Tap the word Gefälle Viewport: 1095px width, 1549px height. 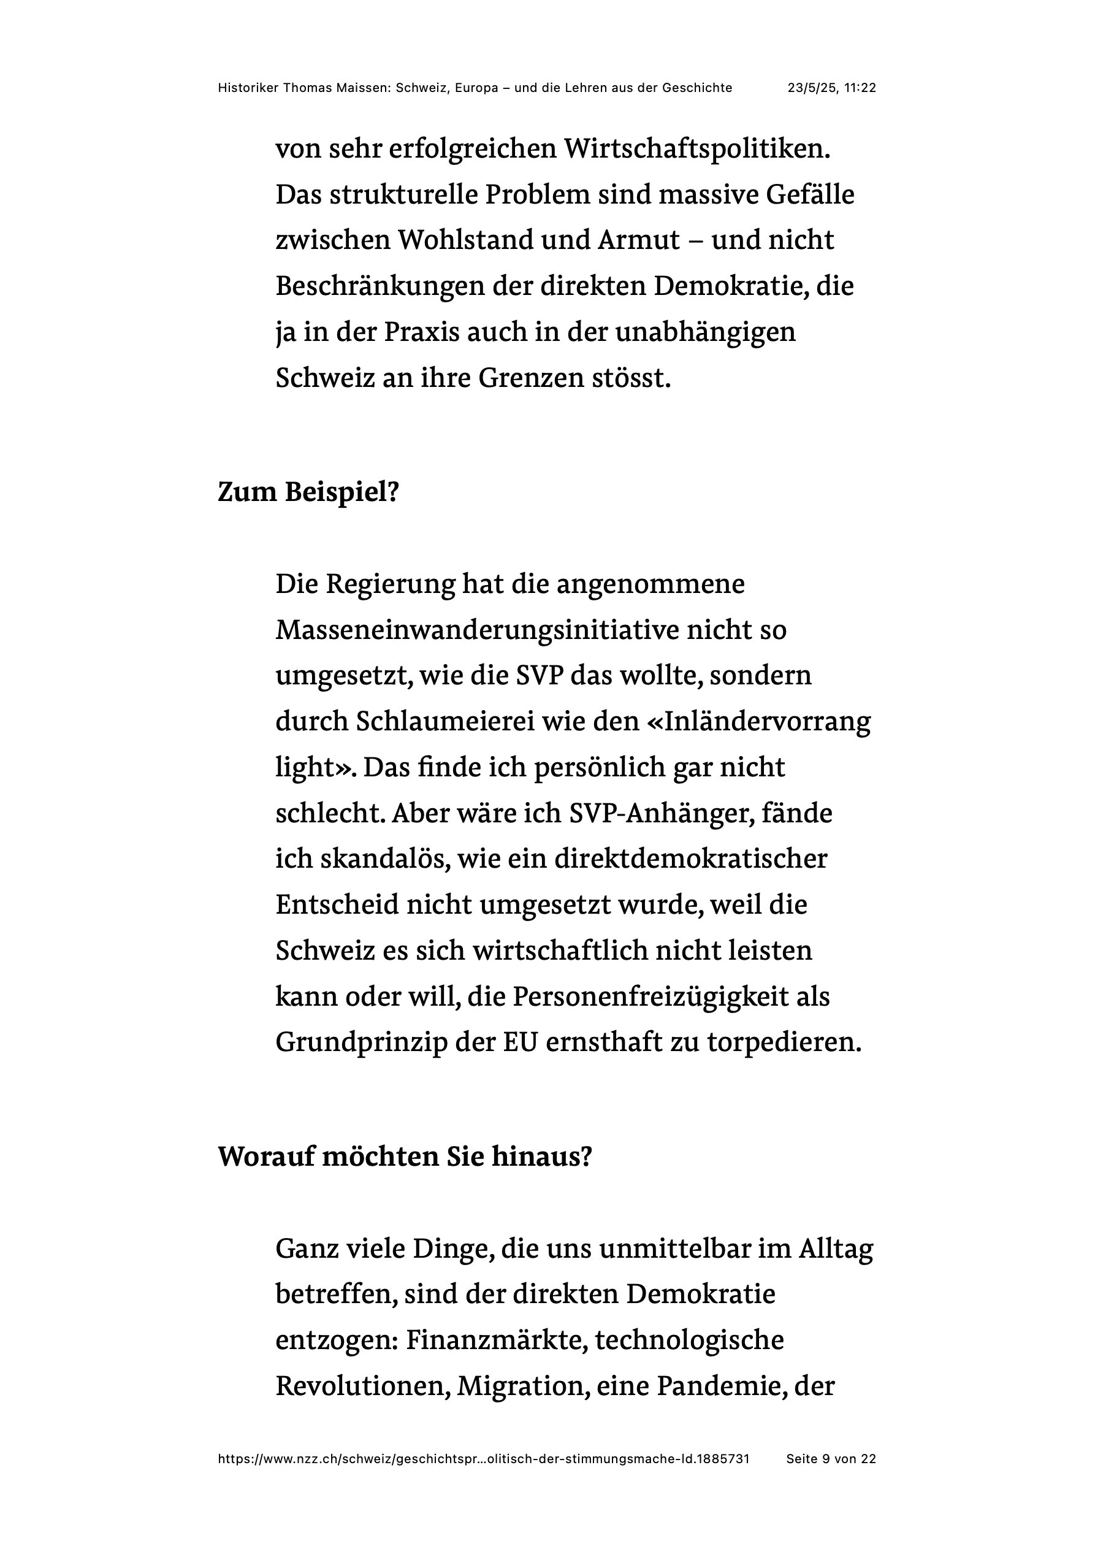810,195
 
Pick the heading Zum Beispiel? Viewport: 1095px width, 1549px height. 308,492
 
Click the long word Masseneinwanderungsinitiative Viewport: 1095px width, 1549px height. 476,630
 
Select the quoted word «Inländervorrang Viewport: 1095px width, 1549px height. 758,722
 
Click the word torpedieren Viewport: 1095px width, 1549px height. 784,1043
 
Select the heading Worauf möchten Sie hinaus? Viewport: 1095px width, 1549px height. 405,1157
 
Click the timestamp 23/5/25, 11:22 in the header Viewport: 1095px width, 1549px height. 831,88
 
